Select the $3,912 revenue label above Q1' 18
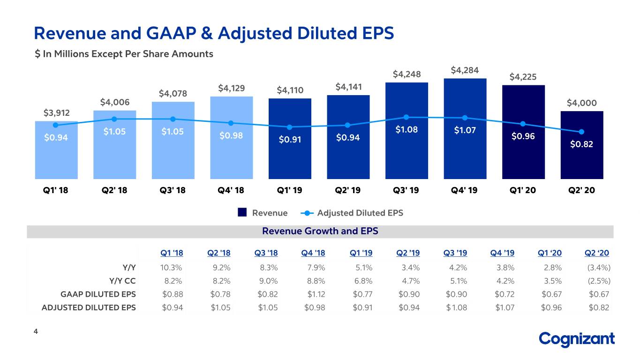pos(57,113)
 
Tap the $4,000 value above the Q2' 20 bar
pos(582,103)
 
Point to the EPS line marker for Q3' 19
pos(407,117)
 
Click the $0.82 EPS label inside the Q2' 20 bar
pos(581,144)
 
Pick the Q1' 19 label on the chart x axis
pos(289,190)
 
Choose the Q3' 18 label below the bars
pos(173,190)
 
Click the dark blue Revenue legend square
pos(242,212)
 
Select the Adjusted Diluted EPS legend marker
pos(307,213)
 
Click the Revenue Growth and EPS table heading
pos(320,231)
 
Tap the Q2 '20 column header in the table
pos(596,253)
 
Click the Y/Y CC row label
pos(122,281)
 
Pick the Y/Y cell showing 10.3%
pos(171,268)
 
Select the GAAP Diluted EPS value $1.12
pos(316,294)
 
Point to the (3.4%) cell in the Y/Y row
pos(599,268)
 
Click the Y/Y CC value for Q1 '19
pos(363,281)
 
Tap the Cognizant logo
pos(577,339)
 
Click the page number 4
pos(36,331)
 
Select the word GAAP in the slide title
pos(171,33)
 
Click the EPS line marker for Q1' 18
pos(56,125)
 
